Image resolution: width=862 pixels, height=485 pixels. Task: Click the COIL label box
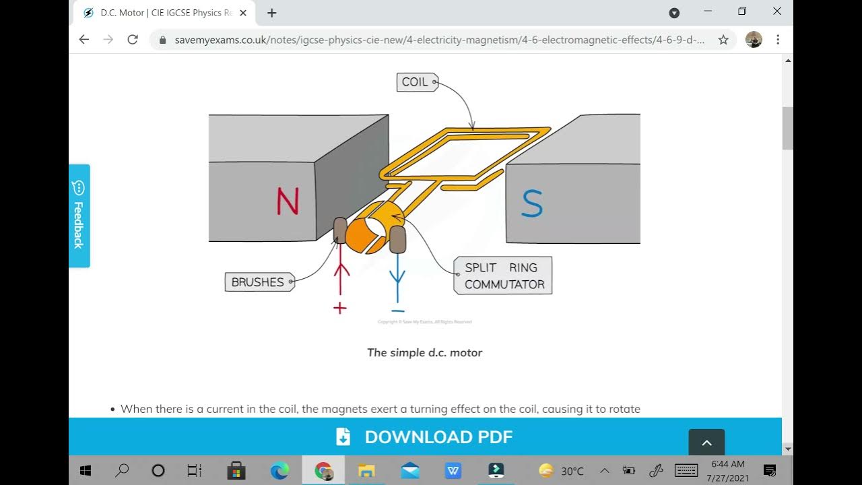[416, 82]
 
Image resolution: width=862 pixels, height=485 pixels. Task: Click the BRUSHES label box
[259, 282]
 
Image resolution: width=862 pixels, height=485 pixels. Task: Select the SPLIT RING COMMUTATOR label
[503, 276]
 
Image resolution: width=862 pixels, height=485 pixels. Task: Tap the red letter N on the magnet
[288, 201]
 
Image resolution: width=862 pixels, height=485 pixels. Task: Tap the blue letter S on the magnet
[531, 204]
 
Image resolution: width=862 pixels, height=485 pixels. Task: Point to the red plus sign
[340, 309]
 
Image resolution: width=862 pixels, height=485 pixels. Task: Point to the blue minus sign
[397, 311]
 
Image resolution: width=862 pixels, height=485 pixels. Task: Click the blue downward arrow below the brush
[397, 278]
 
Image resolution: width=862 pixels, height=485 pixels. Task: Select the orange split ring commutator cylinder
[368, 231]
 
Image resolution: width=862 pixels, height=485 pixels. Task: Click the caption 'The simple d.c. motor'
[424, 352]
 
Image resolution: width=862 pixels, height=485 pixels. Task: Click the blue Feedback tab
[79, 216]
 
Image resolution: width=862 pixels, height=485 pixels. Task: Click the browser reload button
[133, 40]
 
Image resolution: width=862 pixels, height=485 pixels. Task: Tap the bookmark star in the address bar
[723, 40]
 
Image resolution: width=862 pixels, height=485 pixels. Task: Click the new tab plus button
[271, 13]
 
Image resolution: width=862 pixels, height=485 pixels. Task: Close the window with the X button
[776, 11]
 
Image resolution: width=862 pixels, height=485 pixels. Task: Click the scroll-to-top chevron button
[706, 443]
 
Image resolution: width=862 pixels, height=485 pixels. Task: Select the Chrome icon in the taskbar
[323, 470]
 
